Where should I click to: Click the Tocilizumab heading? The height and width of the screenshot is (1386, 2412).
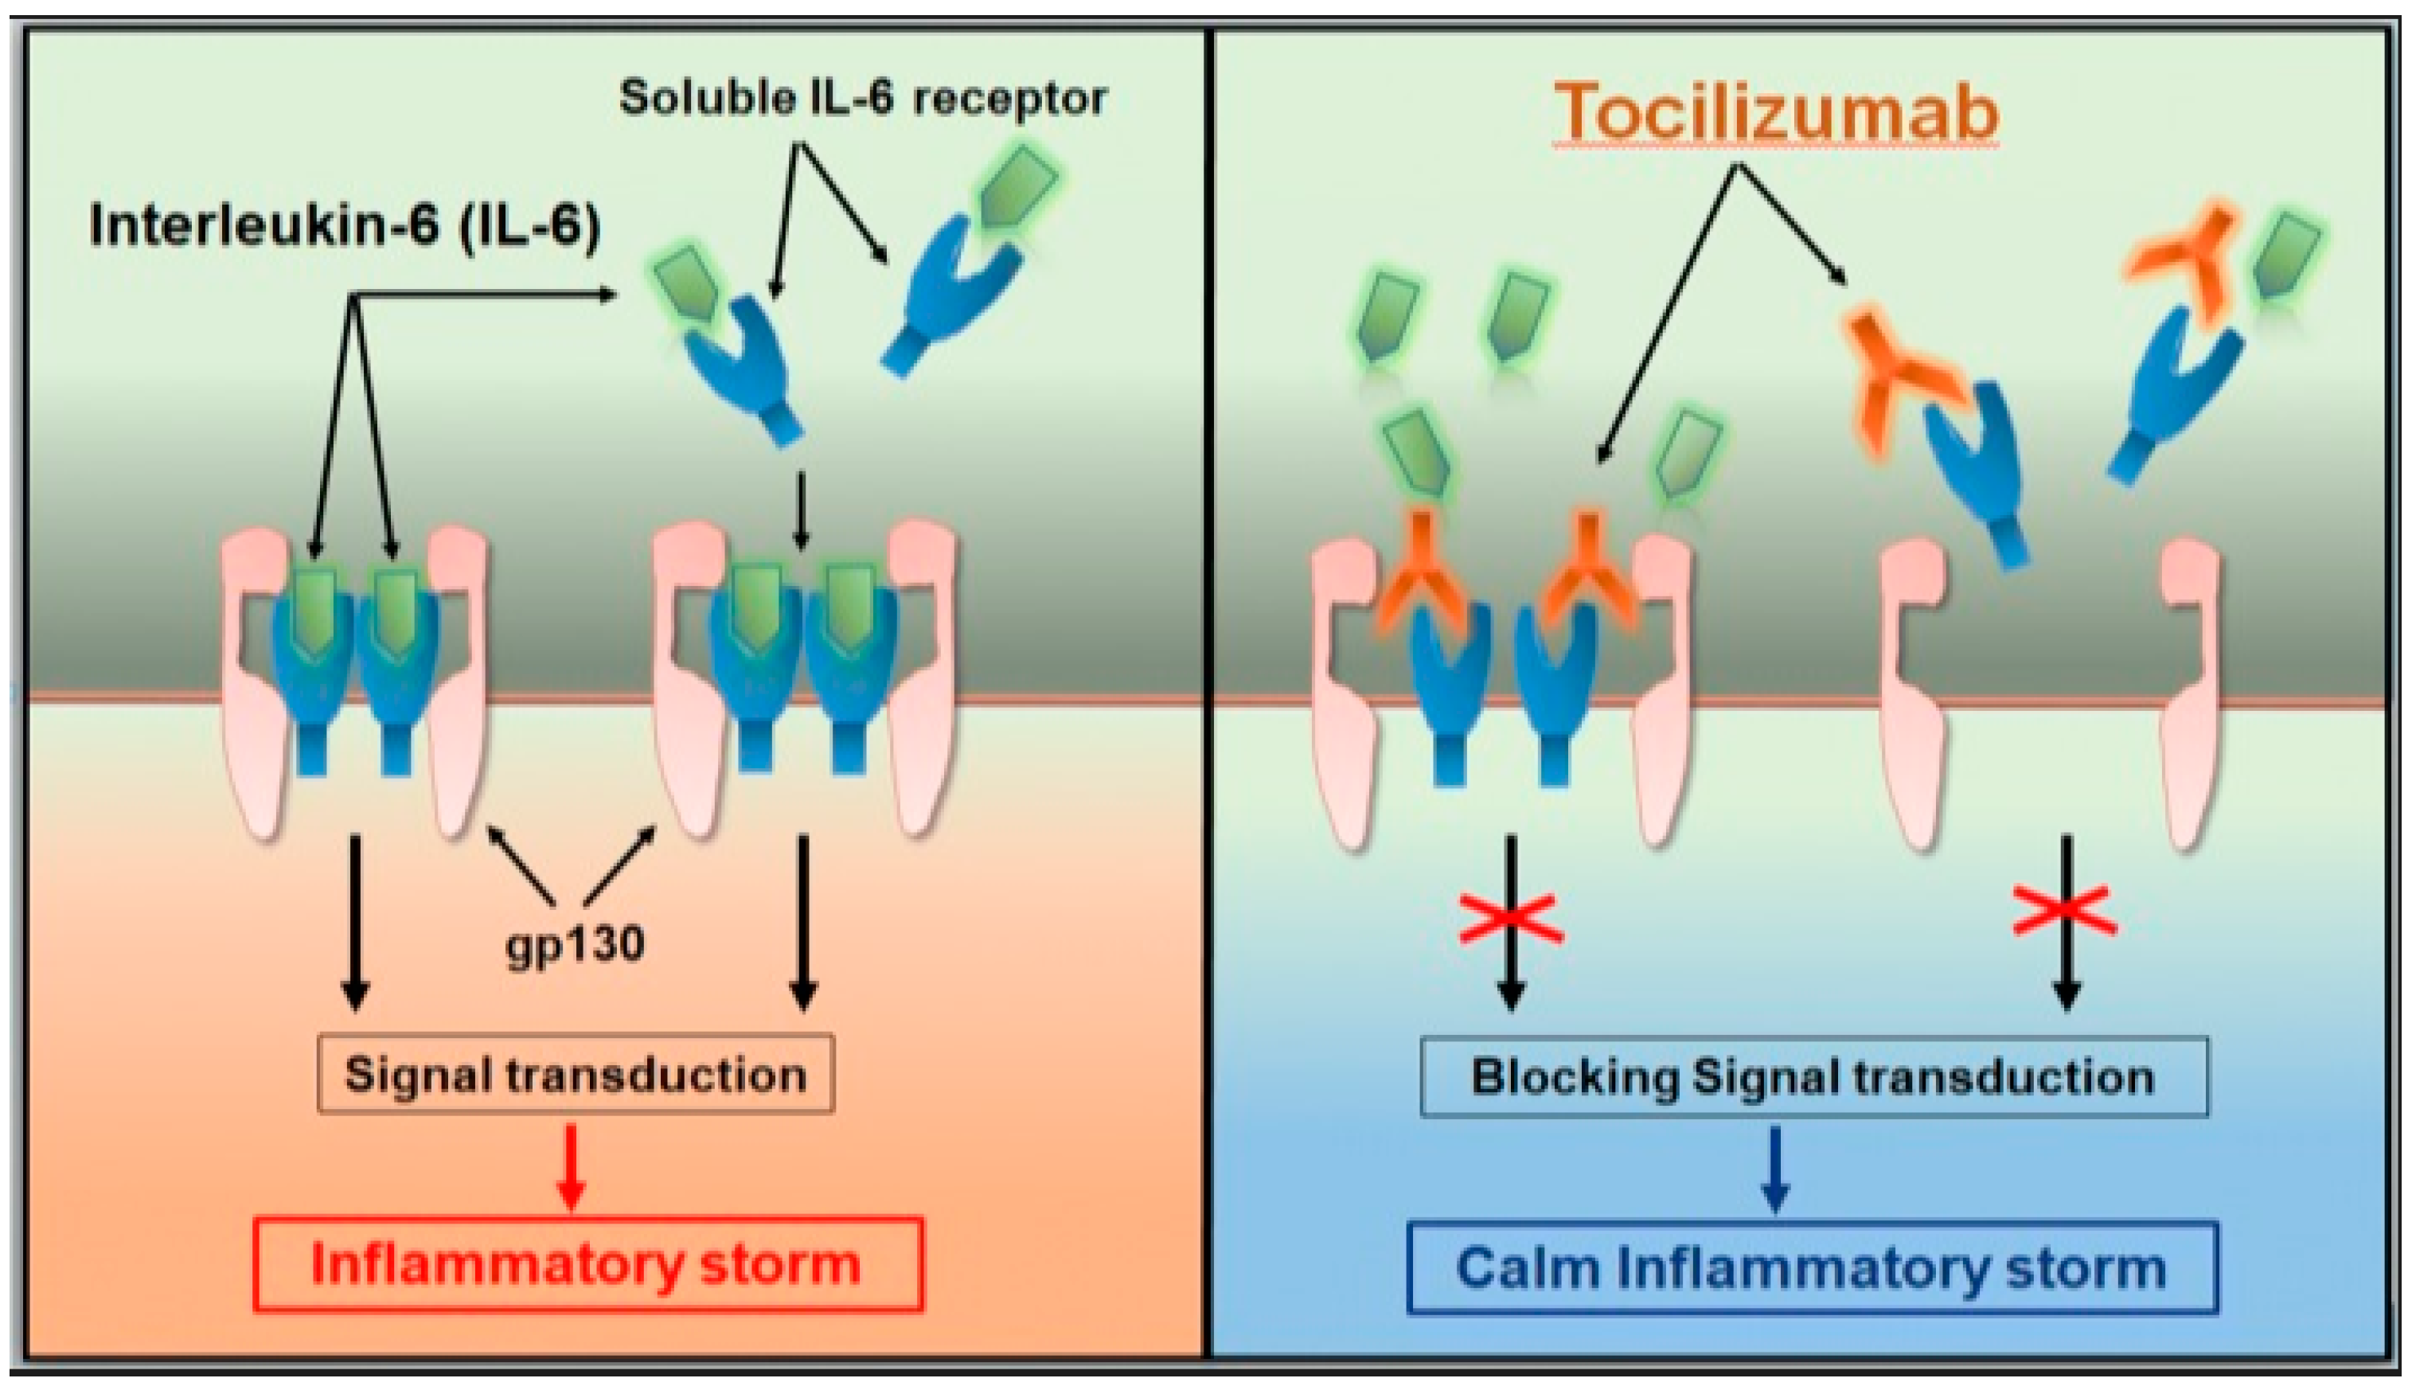[1776, 112]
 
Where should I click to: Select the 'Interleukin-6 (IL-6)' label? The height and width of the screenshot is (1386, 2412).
[345, 228]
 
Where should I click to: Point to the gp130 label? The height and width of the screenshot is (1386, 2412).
[575, 944]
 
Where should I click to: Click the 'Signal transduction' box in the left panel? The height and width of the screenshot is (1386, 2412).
[575, 1075]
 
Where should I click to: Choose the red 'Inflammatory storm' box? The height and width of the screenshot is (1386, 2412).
[587, 1264]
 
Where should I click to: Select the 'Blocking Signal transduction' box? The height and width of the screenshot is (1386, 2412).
[1813, 1076]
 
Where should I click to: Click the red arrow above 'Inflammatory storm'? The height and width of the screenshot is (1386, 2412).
[571, 1167]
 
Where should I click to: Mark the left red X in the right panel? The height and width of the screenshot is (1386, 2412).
[1511, 919]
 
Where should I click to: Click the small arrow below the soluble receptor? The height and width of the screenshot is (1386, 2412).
[801, 511]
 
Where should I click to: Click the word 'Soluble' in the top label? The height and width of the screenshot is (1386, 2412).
[707, 98]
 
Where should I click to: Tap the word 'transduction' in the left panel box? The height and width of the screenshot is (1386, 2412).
[656, 1075]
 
